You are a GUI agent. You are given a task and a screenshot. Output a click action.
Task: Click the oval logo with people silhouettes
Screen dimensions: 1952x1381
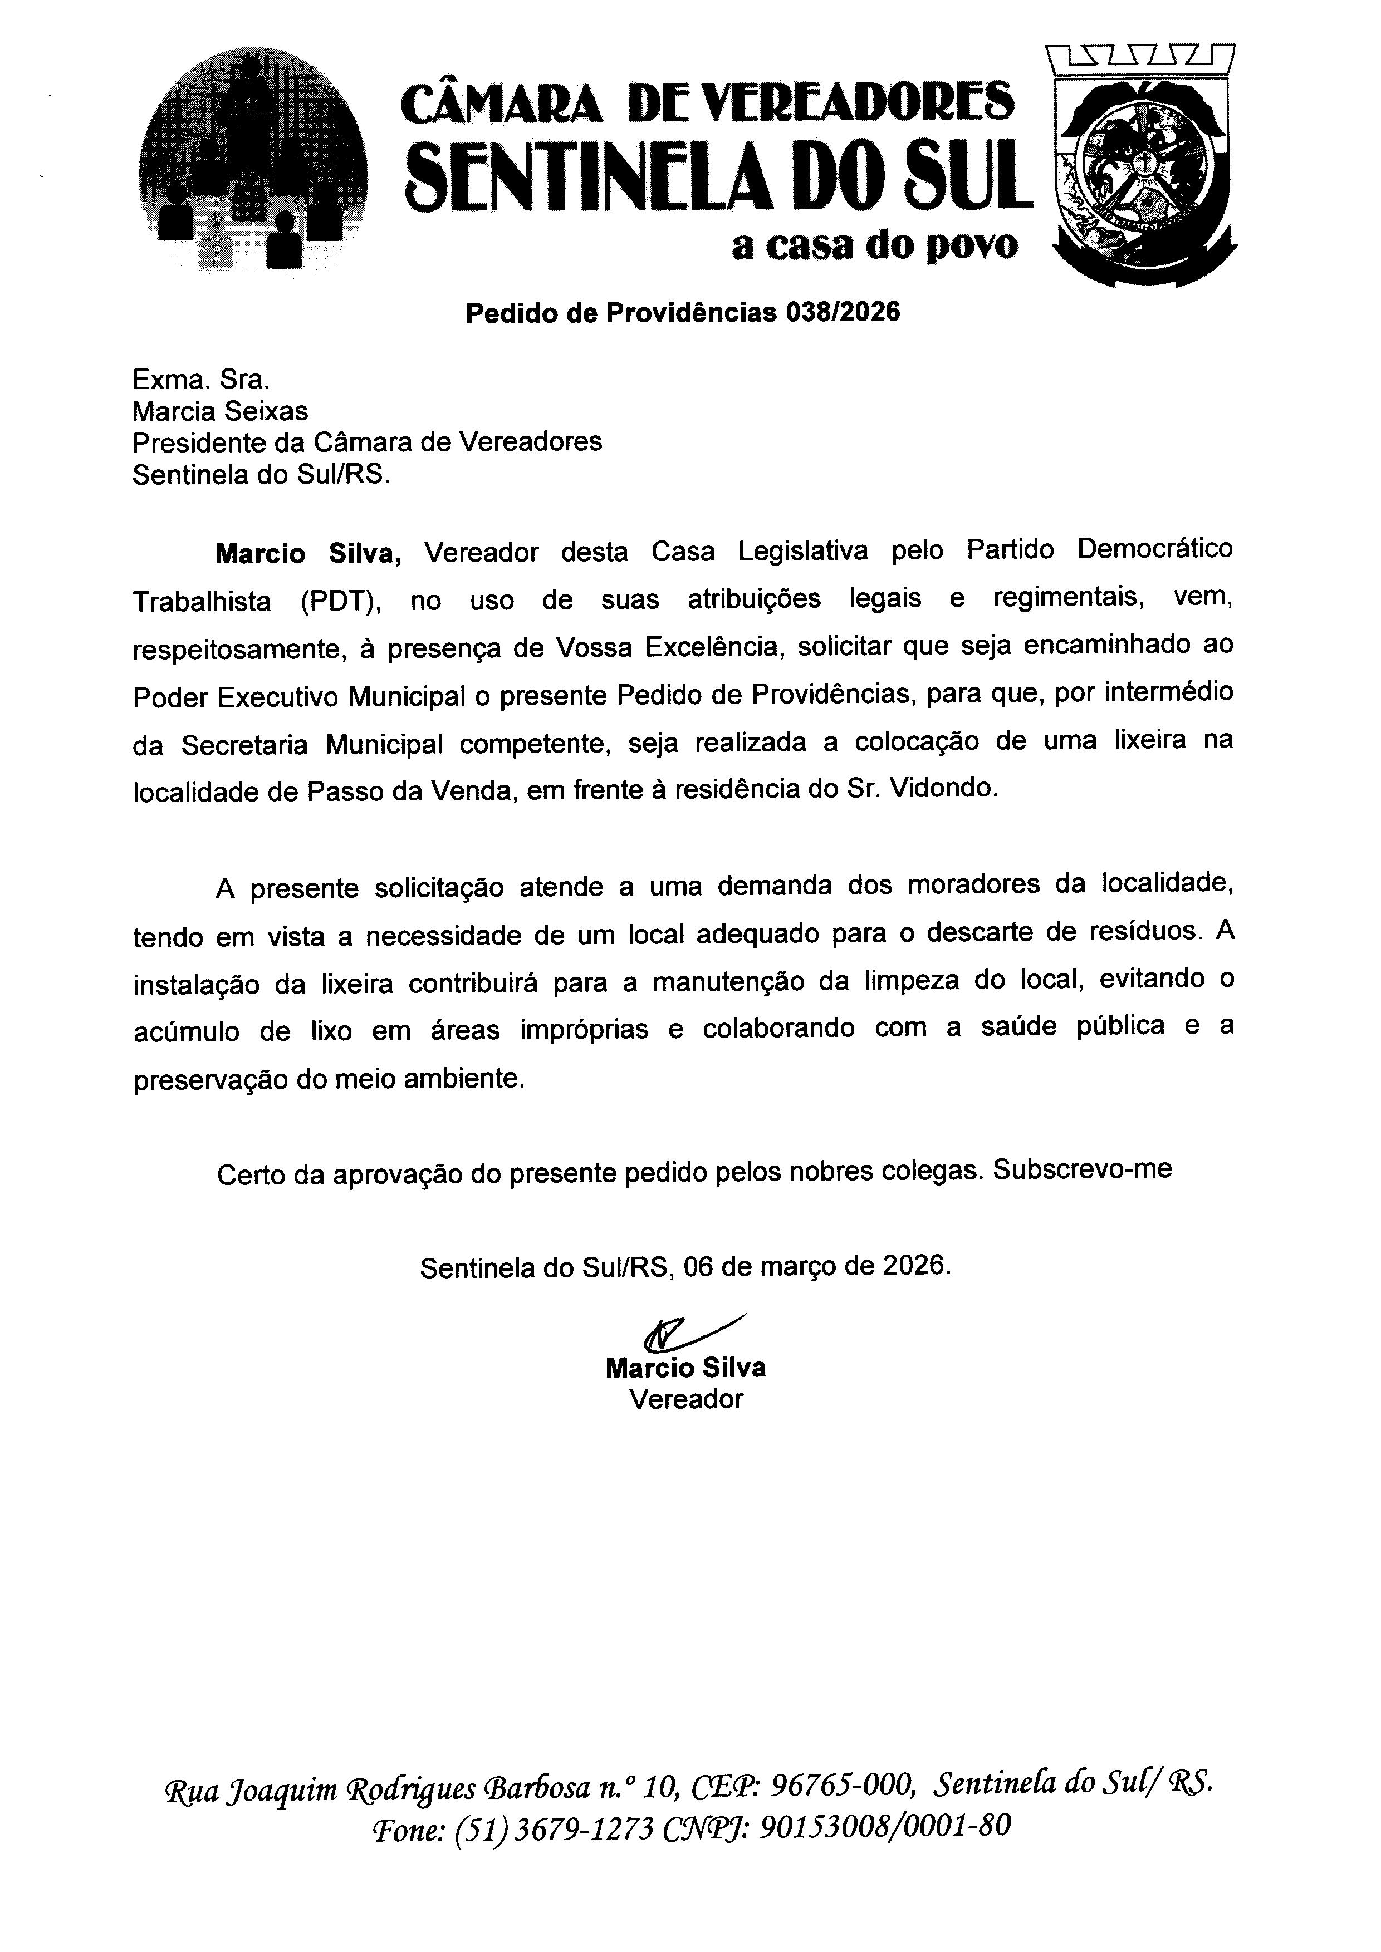(x=253, y=161)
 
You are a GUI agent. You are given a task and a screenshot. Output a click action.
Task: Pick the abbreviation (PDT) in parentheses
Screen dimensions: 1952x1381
(x=340, y=601)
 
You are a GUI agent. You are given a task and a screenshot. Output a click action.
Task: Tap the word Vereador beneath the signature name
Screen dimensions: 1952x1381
(x=685, y=1399)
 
